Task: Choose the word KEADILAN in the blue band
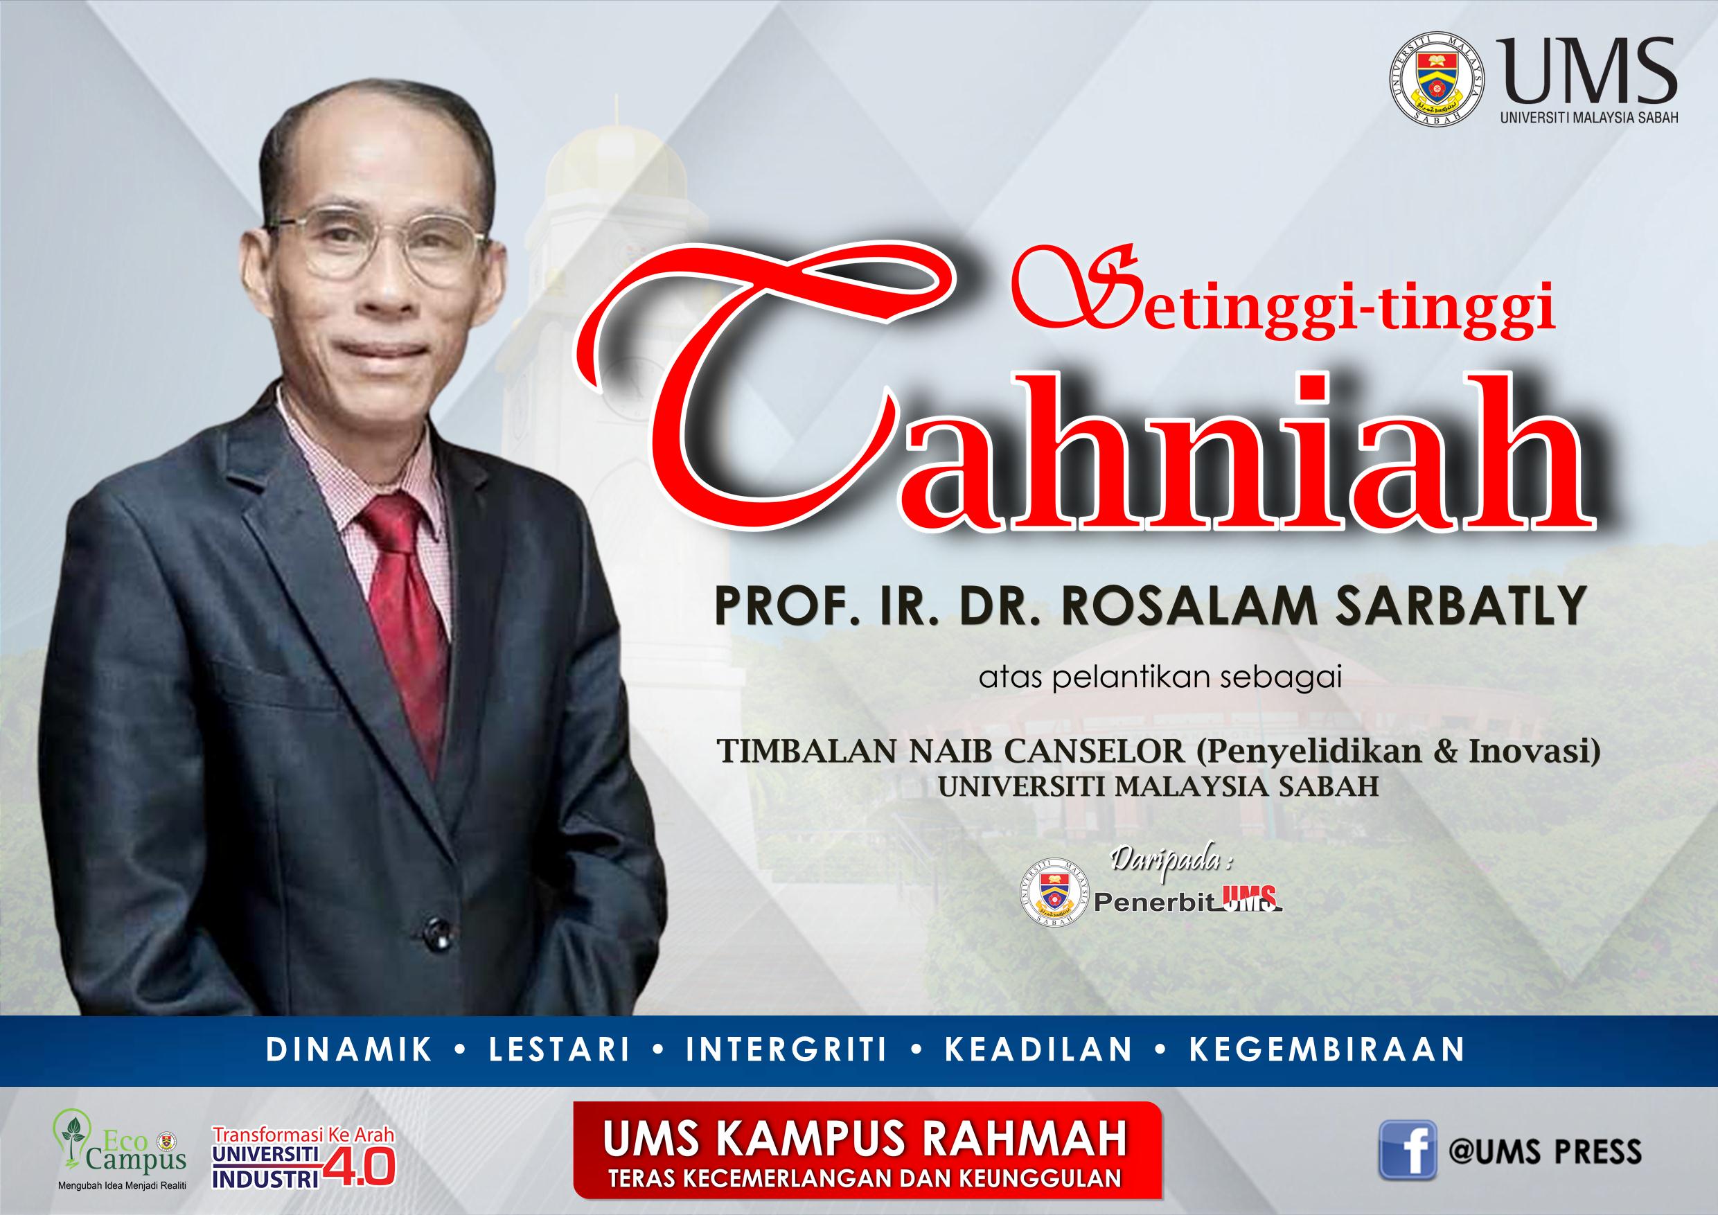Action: click(x=1038, y=1049)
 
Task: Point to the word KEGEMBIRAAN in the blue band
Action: click(x=1327, y=1049)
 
